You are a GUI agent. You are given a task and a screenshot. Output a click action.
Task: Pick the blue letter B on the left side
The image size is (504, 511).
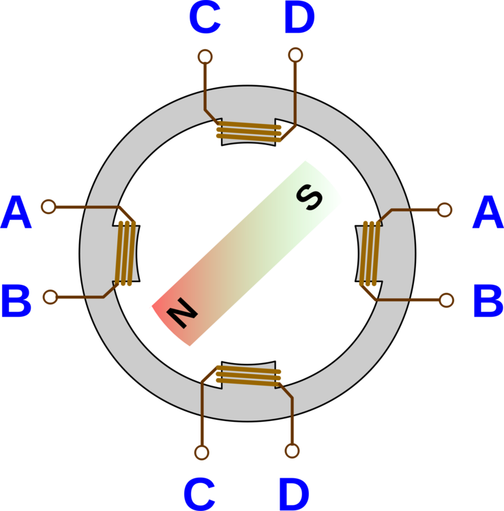(x=16, y=302)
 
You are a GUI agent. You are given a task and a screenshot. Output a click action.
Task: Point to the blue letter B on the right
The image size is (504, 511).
(x=487, y=302)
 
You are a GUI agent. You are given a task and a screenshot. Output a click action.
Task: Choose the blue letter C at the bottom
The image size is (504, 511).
(x=200, y=494)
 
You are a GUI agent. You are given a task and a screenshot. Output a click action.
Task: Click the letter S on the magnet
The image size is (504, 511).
(x=310, y=198)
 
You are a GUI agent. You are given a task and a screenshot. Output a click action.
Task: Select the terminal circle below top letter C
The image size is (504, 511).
(x=205, y=57)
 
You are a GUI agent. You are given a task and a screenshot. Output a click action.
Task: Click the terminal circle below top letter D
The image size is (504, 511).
(x=295, y=55)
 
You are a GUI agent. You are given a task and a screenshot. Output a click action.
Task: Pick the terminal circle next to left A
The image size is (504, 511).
(x=48, y=206)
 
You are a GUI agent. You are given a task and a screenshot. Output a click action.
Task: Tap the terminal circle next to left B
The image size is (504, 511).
(x=50, y=296)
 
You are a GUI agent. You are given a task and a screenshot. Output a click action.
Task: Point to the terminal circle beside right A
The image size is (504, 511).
(x=445, y=210)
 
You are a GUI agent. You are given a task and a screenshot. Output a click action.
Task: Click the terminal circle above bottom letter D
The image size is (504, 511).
(x=292, y=450)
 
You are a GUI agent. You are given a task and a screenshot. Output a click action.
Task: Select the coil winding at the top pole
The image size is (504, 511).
(x=248, y=131)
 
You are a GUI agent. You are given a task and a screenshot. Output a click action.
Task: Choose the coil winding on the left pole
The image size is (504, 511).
(x=125, y=252)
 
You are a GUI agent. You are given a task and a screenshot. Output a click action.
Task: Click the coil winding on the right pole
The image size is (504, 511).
(x=370, y=252)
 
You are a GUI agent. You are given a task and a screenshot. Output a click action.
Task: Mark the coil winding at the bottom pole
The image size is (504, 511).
(x=248, y=375)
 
